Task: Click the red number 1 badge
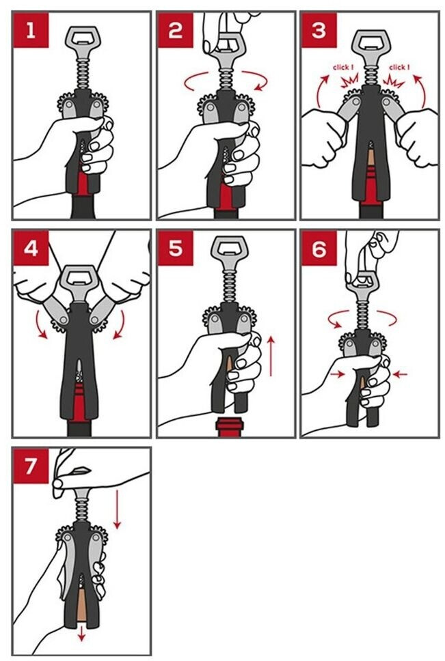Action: point(31,30)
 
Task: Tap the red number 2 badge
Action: point(176,30)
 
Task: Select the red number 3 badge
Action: point(319,30)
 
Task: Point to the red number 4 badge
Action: point(31,248)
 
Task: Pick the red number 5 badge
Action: point(176,248)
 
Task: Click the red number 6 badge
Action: point(319,248)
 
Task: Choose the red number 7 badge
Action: point(31,466)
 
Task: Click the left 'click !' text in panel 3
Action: point(342,67)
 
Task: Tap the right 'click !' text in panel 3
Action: point(399,67)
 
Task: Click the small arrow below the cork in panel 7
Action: point(81,634)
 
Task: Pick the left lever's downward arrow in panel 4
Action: point(41,324)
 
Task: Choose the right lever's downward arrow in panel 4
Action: point(119,324)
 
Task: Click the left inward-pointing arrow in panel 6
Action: point(338,374)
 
